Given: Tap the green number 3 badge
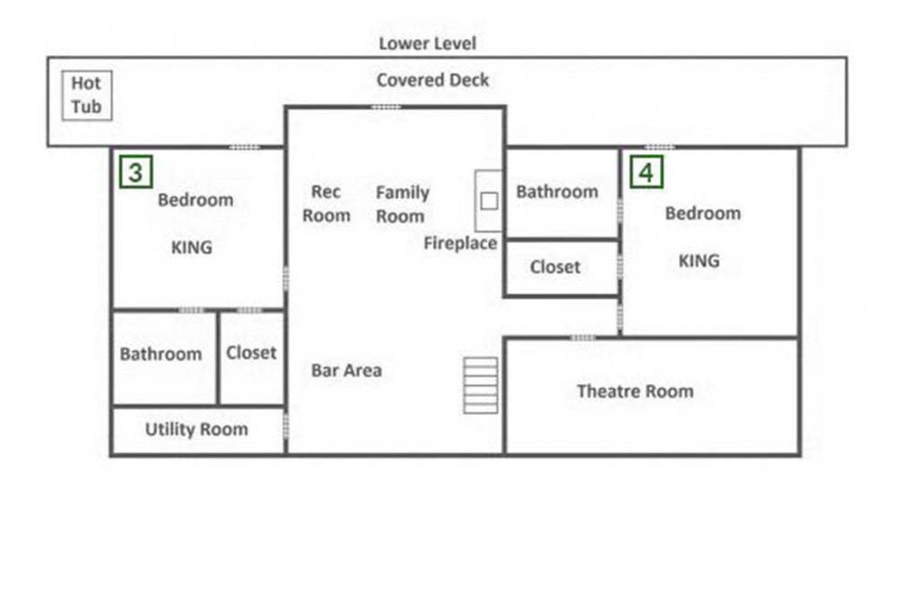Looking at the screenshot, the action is [x=136, y=171].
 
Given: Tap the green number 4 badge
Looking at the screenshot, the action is [x=647, y=171].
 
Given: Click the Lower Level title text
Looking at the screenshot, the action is [x=427, y=43].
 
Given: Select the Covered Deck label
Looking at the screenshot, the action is [x=432, y=80].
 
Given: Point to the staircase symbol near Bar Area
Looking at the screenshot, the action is [x=481, y=386].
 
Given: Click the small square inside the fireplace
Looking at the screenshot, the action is [x=489, y=201].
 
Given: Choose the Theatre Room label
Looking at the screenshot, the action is [x=635, y=391].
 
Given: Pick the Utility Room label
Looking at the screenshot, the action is [x=196, y=429].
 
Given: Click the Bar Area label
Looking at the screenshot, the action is [x=346, y=370].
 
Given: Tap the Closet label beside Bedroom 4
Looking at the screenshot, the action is [x=555, y=267].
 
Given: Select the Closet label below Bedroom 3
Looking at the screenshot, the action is [x=251, y=352].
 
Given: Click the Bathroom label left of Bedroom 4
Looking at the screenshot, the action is [x=557, y=192].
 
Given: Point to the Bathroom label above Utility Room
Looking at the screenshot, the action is [x=161, y=354].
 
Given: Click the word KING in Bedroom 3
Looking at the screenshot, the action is [x=192, y=247].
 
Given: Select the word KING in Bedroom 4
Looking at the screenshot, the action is [x=699, y=261].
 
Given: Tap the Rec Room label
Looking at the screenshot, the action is [x=327, y=204].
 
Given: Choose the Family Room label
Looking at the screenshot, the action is [x=402, y=204].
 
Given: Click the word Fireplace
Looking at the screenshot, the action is [x=460, y=244].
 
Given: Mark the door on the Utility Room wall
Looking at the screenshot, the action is [x=285, y=427].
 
